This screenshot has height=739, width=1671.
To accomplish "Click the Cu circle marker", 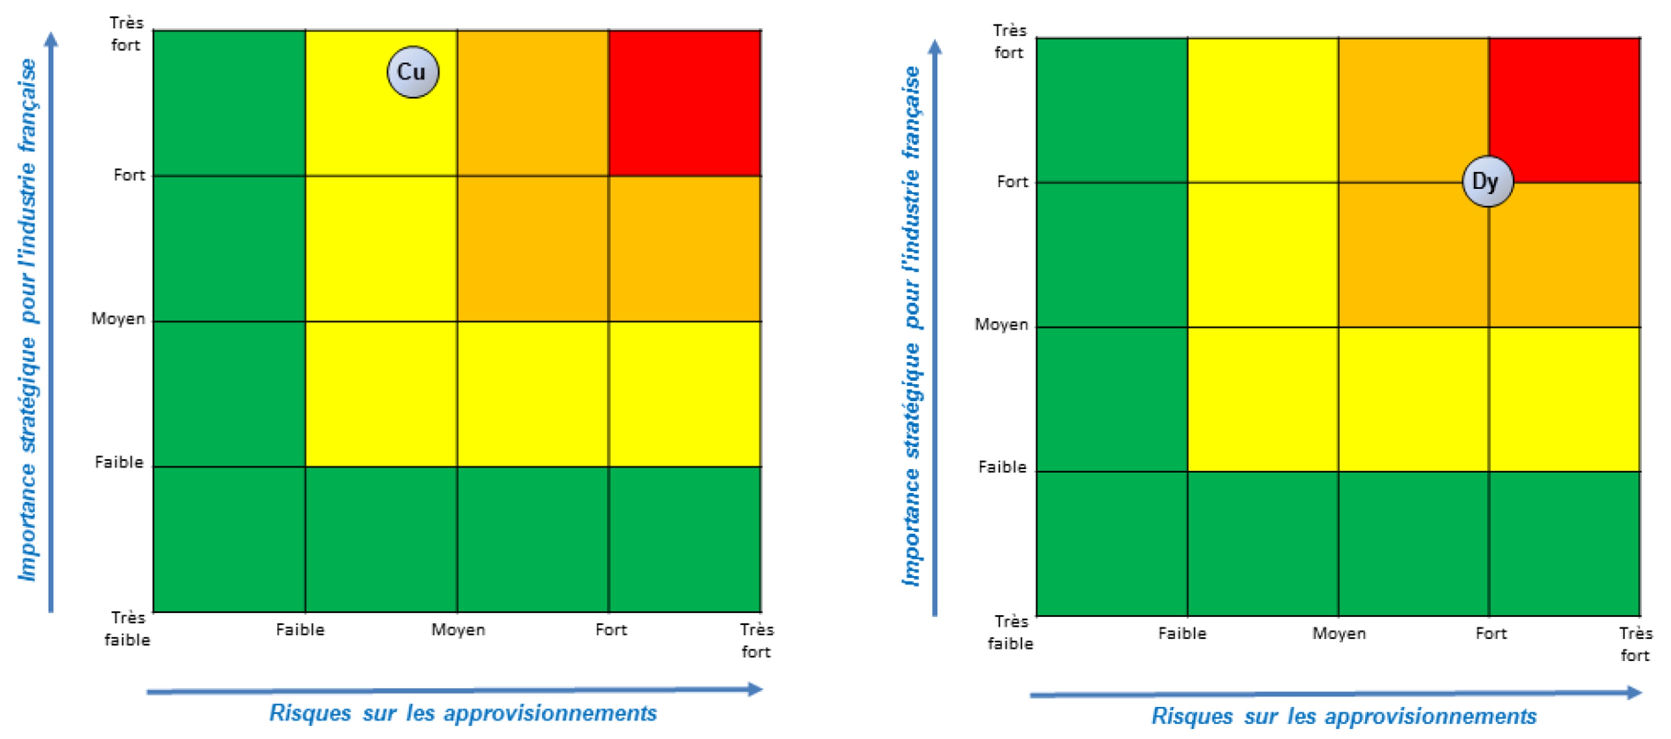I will (412, 72).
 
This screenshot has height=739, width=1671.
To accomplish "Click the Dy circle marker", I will (1488, 182).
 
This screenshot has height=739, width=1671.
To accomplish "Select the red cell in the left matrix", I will (684, 103).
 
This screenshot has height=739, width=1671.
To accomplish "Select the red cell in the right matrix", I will (1564, 110).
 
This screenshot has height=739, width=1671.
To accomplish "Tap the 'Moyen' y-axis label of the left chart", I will (118, 318).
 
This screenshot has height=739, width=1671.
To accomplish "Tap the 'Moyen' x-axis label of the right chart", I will (1339, 633).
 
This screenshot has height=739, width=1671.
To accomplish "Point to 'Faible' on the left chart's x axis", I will (300, 629).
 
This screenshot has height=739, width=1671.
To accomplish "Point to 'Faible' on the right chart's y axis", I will (1002, 467).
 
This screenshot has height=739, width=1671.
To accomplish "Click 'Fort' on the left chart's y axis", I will (129, 175).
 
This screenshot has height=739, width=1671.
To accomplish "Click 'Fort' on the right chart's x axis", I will (1491, 633).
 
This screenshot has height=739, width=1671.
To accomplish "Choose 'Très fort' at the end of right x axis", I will (1635, 643).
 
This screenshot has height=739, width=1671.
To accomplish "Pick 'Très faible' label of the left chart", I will (127, 628).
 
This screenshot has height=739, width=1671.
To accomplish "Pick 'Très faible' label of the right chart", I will (1010, 632).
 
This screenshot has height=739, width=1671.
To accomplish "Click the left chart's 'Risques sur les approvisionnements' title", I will (463, 713).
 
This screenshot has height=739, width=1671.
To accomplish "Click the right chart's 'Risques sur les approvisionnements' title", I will (1343, 716).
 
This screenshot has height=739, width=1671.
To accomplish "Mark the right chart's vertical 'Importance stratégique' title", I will (912, 326).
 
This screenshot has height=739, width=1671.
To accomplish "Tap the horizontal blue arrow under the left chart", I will (454, 690).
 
